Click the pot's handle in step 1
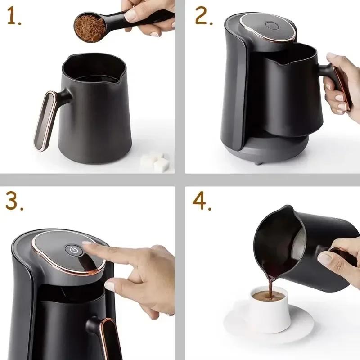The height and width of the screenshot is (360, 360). (x=45, y=119)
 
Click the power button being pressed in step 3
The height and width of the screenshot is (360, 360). (x=73, y=251)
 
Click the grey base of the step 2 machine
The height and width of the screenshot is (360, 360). (x=270, y=153)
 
